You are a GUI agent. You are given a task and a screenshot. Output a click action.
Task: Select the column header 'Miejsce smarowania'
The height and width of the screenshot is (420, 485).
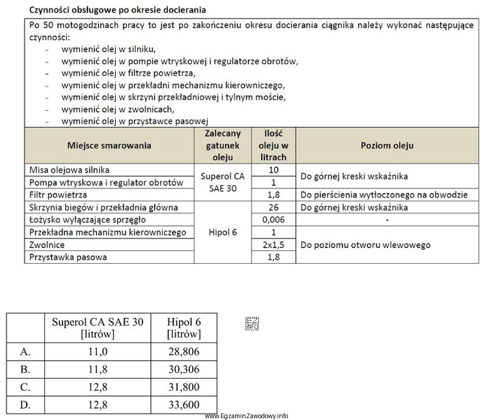110,145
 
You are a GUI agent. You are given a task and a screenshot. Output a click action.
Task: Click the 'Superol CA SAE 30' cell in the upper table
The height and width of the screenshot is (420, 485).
222,182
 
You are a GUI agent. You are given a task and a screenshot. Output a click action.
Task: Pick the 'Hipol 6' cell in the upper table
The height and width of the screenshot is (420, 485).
222,232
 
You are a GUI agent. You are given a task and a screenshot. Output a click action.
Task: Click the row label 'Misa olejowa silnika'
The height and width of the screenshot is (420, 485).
69,170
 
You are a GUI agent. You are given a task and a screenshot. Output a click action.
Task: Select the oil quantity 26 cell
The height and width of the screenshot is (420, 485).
273,207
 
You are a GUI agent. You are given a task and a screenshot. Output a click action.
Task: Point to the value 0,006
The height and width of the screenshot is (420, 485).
273,219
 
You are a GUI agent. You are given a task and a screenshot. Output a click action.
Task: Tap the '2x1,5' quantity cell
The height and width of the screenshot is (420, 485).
273,245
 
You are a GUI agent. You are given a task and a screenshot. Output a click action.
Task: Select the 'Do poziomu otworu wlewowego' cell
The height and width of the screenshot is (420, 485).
365,245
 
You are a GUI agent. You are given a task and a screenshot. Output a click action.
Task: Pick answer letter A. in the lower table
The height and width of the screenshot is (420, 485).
25,351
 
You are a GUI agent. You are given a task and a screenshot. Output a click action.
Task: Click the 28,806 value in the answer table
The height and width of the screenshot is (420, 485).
183,351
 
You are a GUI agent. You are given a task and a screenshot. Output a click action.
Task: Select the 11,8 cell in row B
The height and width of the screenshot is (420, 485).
98,368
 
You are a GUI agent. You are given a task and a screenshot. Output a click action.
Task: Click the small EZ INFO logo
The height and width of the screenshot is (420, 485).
252,323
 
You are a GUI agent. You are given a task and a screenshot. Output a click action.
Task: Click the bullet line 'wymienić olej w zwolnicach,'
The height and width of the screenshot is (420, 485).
118,109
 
